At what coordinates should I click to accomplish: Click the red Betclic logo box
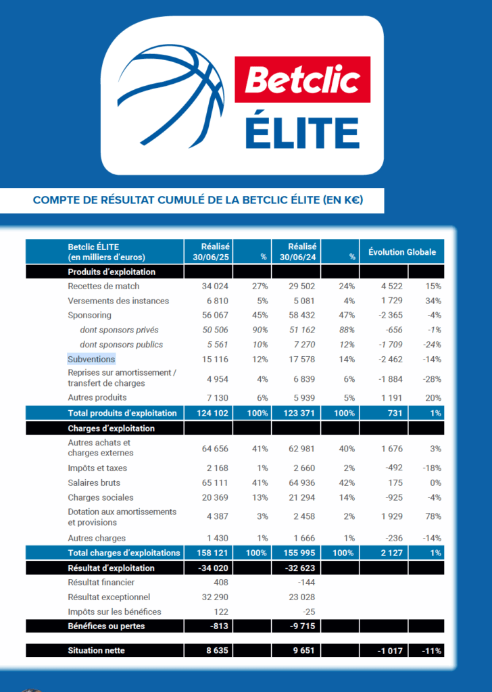[x=302, y=80]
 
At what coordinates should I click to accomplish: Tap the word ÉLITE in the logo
[x=301, y=132]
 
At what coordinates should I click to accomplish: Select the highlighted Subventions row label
[x=91, y=360]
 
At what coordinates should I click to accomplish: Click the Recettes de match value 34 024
[x=216, y=287]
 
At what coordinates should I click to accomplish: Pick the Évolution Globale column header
[x=401, y=252]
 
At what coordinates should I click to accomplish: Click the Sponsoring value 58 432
[x=302, y=315]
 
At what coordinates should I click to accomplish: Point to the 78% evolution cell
[x=433, y=517]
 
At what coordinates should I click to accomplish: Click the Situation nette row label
[x=96, y=651]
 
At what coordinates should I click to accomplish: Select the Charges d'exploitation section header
[x=111, y=428]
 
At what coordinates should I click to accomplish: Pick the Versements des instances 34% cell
[x=433, y=301]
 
